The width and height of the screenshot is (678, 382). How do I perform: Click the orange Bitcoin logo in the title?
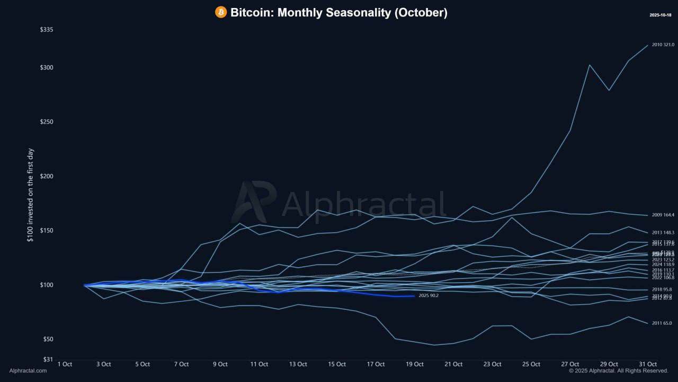221,12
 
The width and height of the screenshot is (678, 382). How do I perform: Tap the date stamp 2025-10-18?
660,15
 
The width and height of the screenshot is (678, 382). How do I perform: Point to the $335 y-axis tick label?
47,30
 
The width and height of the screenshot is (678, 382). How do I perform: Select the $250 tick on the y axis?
47,122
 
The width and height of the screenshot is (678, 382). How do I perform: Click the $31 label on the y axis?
48,359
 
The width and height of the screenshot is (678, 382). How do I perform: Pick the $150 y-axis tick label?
47,231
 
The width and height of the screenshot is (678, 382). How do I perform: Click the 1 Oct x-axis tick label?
65,364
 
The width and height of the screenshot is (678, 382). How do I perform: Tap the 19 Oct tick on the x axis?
415,364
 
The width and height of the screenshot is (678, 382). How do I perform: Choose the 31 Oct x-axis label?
648,364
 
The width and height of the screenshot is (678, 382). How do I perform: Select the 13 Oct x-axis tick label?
298,364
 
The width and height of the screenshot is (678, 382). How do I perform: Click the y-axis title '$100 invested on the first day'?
30,195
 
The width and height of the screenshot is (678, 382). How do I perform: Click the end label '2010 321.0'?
663,45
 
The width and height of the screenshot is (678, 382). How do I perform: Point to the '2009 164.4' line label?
663,215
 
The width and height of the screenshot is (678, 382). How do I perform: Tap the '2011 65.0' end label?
662,323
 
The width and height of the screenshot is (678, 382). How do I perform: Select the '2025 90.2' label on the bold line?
429,296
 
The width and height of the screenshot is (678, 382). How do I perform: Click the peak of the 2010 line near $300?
590,65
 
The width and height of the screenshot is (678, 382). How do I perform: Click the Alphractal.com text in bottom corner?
28,371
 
